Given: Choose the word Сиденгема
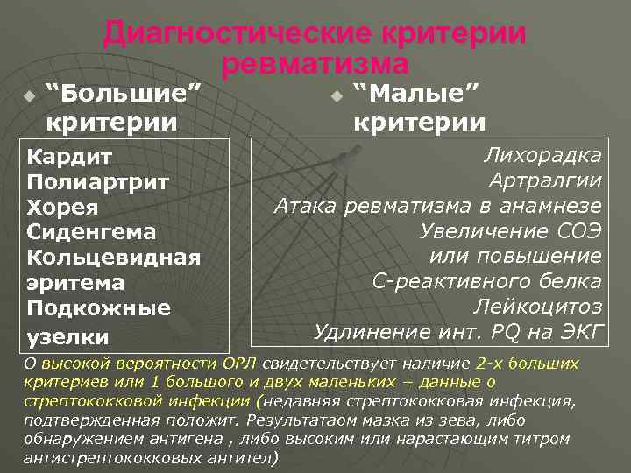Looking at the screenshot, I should point(92,233).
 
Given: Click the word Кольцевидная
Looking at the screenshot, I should point(115,258).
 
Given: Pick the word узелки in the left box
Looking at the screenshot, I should point(68,335).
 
